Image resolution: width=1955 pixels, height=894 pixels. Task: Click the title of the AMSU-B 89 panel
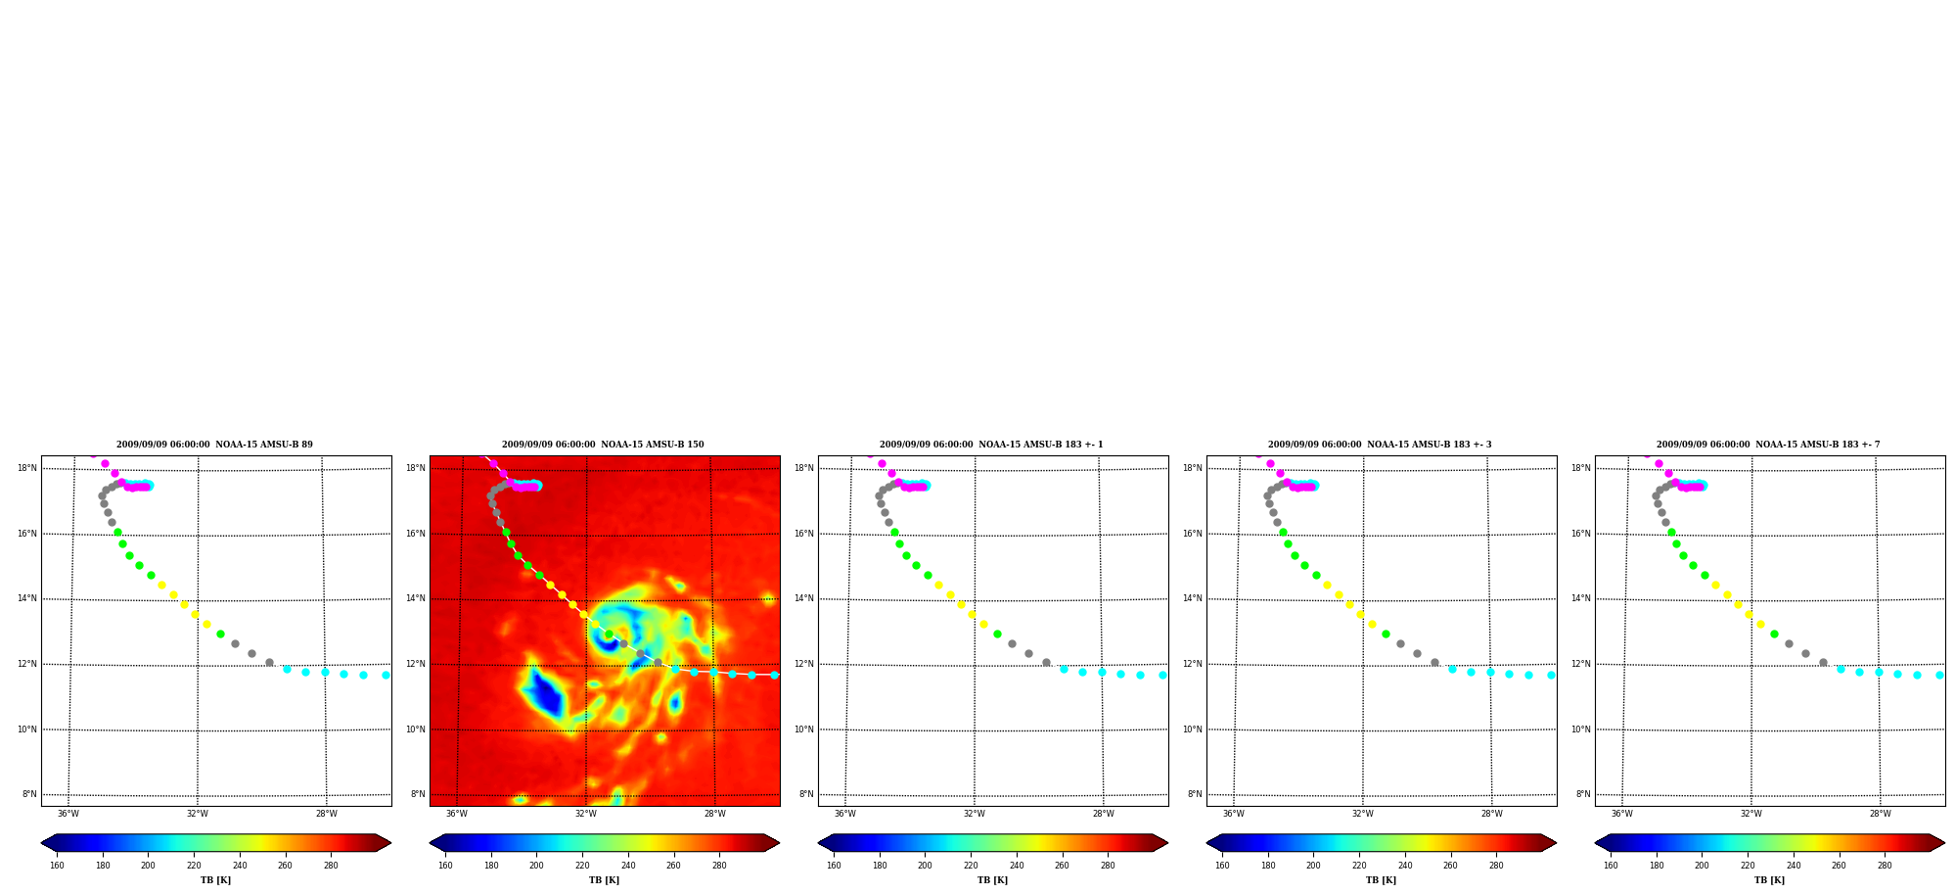(214, 445)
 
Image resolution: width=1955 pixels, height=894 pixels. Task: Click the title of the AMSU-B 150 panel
(603, 445)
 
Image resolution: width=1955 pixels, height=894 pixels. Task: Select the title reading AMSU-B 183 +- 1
(991, 445)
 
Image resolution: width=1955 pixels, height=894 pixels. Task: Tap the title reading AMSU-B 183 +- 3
(1380, 445)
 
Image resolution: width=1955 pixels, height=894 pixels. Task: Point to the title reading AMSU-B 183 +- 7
(1768, 445)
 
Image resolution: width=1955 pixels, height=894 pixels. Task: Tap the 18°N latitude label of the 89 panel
(27, 468)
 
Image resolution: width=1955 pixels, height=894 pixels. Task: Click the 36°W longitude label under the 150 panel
(457, 814)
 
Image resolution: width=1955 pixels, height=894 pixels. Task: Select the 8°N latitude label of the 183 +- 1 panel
(806, 794)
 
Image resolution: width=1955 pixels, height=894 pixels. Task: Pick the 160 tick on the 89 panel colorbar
(57, 865)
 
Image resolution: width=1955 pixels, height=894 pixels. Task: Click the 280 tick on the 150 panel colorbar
(719, 865)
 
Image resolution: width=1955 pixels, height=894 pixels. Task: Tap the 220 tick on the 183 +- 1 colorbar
(971, 865)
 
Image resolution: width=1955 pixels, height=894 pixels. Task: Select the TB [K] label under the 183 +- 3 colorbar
(1381, 880)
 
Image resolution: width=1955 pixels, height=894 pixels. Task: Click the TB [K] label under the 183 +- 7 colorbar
(1769, 880)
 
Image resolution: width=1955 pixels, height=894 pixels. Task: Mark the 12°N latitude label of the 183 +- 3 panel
(1192, 664)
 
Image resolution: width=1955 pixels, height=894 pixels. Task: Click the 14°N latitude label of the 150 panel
(415, 598)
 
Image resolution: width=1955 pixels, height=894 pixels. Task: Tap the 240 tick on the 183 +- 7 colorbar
(1794, 865)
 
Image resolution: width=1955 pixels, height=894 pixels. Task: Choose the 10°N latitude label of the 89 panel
(27, 729)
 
